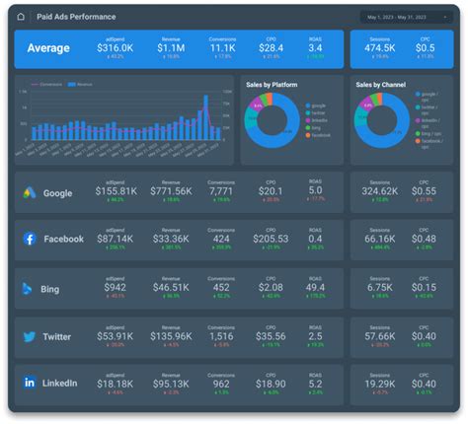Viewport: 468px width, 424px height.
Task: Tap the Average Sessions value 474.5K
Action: click(x=380, y=47)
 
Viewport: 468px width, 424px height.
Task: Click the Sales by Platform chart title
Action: click(x=273, y=85)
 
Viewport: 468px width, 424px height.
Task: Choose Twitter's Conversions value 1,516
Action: click(x=222, y=335)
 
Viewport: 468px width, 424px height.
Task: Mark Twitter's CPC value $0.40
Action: click(x=424, y=335)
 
